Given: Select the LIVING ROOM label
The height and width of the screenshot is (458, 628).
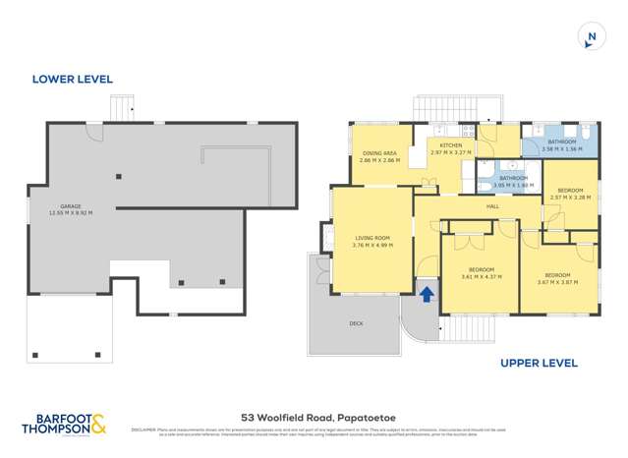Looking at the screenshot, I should tap(371, 238).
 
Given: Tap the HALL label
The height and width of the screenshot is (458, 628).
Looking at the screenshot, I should tap(493, 206).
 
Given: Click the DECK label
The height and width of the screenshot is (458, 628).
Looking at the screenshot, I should tap(356, 322).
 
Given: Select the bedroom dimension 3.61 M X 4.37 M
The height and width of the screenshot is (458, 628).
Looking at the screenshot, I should tap(481, 276).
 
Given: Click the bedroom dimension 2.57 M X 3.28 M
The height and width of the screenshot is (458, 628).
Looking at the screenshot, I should tap(571, 197).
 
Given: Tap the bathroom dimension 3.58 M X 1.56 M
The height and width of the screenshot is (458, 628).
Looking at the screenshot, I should tap(561, 149).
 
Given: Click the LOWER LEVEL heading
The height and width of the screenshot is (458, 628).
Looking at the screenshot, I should tap(72, 79).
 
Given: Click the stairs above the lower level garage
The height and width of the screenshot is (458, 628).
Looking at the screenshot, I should tap(120, 107).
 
